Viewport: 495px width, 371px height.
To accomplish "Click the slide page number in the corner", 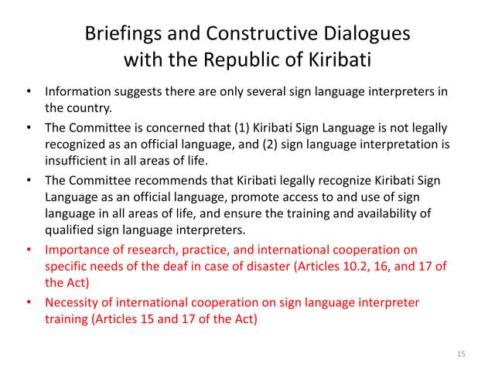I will [x=461, y=353].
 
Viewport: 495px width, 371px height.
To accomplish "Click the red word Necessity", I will [x=73, y=301].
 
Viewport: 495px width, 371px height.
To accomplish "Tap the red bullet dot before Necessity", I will [x=28, y=301].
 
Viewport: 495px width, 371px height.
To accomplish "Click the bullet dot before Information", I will [x=28, y=91].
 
